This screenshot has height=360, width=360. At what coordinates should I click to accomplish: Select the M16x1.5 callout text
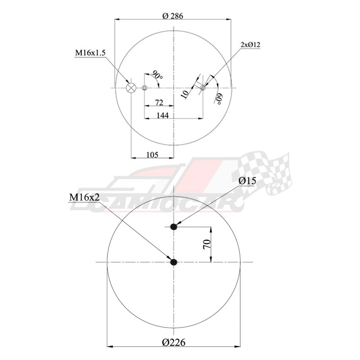(x=90, y=53)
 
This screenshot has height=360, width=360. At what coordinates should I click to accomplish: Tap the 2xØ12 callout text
(x=251, y=45)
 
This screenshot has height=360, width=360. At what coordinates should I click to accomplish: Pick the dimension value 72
(x=158, y=103)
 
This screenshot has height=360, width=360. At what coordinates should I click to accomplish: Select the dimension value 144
(x=162, y=116)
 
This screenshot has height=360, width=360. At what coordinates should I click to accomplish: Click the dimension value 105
(x=153, y=155)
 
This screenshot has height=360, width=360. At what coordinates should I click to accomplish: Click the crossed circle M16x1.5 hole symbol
(x=131, y=88)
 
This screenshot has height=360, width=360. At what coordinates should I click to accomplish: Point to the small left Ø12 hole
(x=144, y=88)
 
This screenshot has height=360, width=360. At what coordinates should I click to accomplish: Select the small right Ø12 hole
(x=203, y=88)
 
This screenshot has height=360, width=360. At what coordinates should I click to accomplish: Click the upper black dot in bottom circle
(x=174, y=227)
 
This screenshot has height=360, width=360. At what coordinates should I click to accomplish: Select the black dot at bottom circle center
(x=174, y=262)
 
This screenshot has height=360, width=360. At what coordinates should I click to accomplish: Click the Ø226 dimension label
(x=173, y=342)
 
